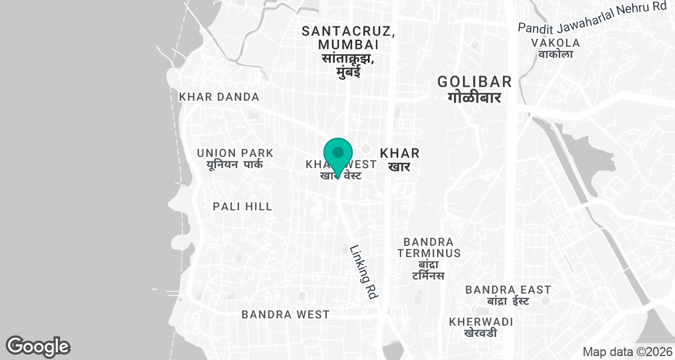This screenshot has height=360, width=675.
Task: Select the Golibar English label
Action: click(475, 82)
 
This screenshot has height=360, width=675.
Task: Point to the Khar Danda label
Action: click(219, 97)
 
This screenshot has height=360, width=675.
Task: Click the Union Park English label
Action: click(235, 153)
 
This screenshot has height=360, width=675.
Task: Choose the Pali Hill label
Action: click(242, 206)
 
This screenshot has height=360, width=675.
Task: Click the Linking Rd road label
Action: click(363, 272)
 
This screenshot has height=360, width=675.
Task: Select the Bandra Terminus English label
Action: click(429, 247)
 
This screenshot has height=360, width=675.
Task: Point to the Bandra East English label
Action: click(508, 290)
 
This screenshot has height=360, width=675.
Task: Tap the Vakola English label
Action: click(555, 43)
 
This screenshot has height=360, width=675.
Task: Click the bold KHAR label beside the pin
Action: click(400, 153)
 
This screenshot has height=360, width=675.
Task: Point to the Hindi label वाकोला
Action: click(555, 55)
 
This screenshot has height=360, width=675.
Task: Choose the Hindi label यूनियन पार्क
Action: click(235, 165)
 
